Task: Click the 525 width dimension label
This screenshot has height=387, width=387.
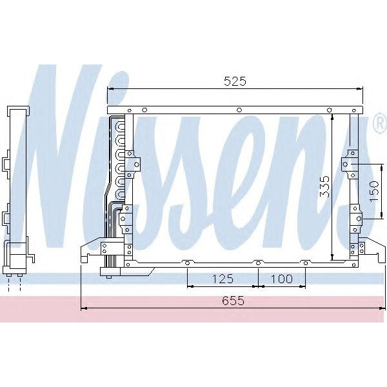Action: (235, 81)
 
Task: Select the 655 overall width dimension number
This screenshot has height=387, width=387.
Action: (233, 301)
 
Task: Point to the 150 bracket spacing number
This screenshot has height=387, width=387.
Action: (374, 191)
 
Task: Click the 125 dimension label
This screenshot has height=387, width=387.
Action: (223, 279)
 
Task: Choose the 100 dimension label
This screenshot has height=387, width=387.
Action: (282, 279)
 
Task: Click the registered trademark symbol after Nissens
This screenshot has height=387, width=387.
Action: (380, 124)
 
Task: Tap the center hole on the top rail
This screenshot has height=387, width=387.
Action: (239, 110)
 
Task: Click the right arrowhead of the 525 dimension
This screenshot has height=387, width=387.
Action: (361, 89)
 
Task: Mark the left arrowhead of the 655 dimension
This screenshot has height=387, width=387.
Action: (84, 308)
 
